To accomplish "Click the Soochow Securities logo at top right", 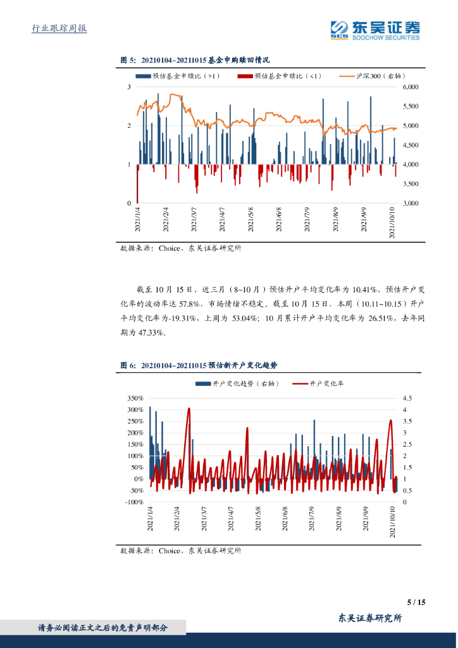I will pos(375,30).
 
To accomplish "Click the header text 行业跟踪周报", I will pos(59,29).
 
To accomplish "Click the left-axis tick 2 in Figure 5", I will pos(129,126).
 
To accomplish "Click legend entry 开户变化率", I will pos(326,383).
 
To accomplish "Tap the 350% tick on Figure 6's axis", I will pos(135,398).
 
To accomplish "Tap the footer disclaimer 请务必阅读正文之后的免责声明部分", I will pos(103,628).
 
